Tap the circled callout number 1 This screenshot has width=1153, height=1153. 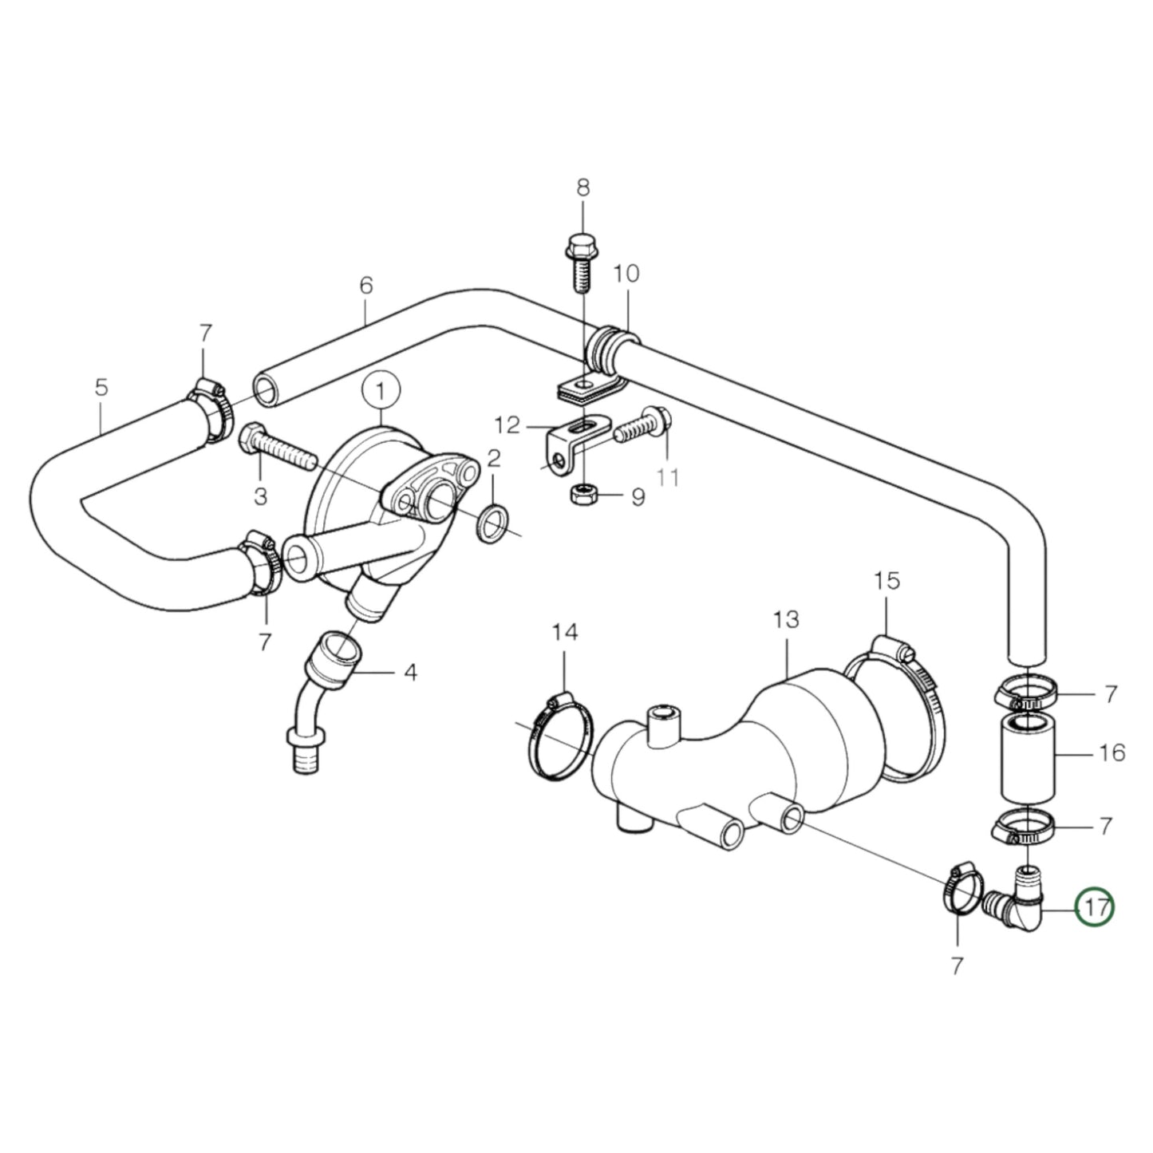(x=381, y=391)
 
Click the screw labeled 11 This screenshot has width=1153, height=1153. (x=642, y=426)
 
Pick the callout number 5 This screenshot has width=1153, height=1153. (x=101, y=389)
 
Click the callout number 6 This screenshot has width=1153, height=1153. (x=366, y=285)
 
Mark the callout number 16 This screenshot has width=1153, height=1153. (x=1111, y=752)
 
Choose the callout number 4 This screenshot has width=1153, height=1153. (x=409, y=672)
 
